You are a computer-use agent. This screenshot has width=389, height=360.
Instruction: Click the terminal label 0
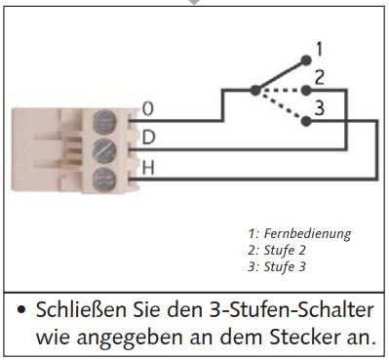[x=147, y=107]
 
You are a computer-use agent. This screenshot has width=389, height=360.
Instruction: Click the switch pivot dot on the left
[x=255, y=90]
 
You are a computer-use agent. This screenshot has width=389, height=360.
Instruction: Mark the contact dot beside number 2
[x=304, y=89]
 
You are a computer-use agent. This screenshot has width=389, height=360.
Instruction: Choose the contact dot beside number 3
[x=304, y=122]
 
